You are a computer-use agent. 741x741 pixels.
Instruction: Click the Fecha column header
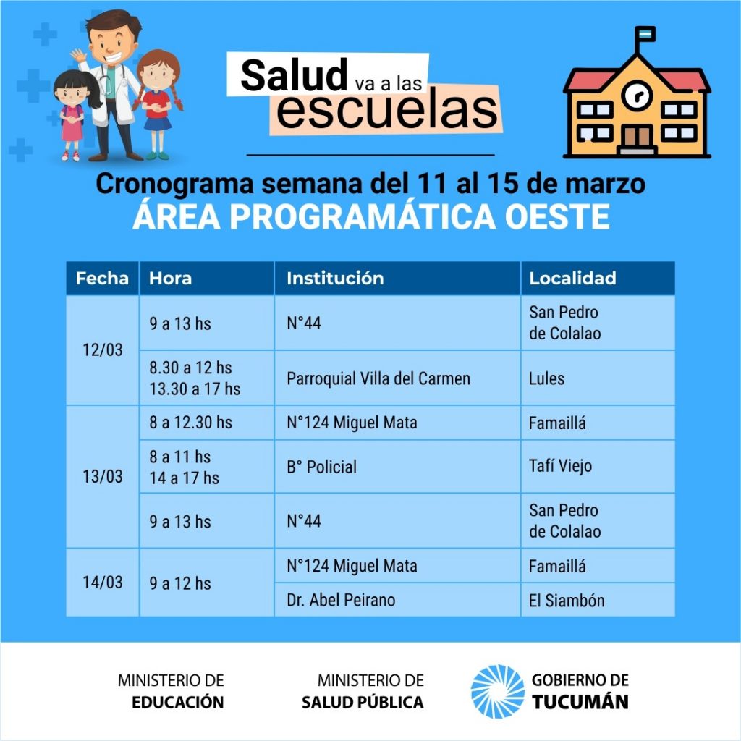click(102, 278)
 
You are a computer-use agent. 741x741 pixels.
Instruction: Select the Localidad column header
click(597, 278)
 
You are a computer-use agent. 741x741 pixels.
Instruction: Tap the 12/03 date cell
click(102, 350)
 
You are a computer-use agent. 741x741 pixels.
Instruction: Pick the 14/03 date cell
click(102, 583)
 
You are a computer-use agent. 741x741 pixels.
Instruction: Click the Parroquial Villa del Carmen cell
click(397, 378)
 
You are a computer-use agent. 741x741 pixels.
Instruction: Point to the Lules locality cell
click(597, 378)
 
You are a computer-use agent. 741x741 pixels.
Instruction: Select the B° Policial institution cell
click(397, 467)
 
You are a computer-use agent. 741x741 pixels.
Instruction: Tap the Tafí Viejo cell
click(597, 467)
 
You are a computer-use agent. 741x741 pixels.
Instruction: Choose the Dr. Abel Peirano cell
click(397, 600)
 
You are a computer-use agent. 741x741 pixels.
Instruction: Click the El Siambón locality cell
click(597, 600)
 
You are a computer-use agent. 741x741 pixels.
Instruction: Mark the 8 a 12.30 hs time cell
click(206, 423)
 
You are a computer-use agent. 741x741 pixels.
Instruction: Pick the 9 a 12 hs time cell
click(206, 583)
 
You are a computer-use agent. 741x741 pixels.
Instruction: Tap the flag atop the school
click(645, 33)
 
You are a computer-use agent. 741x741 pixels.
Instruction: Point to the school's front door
click(637, 137)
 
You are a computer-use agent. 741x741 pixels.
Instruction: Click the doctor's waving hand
click(78, 56)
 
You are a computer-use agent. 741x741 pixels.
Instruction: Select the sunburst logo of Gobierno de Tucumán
click(498, 691)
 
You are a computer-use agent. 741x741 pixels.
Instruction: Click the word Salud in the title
click(294, 75)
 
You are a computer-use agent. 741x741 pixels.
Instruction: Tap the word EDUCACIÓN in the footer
click(178, 702)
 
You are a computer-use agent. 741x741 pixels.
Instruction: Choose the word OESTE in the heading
click(557, 217)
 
